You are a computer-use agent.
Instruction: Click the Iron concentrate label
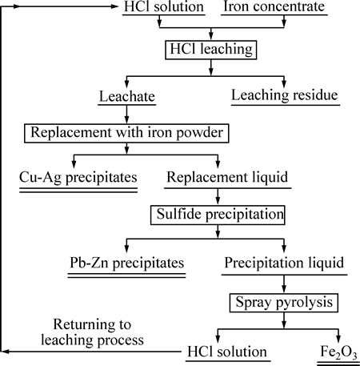[274, 6]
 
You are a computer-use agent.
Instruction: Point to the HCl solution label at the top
[164, 6]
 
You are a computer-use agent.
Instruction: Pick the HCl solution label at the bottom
[227, 352]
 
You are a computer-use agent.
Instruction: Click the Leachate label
[127, 96]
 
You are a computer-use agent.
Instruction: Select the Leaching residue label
[285, 95]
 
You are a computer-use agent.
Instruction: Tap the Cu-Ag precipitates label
[78, 178]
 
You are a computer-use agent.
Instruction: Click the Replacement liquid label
[227, 178]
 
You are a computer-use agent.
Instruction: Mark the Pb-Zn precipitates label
[127, 263]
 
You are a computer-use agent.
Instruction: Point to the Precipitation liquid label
[284, 263]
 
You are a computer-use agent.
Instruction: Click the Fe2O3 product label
[338, 352]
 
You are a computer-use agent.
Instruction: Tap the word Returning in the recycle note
[92, 325]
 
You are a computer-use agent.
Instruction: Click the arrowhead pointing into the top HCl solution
[115, 6]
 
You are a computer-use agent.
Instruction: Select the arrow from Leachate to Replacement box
[127, 115]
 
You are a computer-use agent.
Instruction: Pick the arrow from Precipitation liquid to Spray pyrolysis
[284, 284]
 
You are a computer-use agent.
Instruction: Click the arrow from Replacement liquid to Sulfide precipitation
[218, 197]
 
